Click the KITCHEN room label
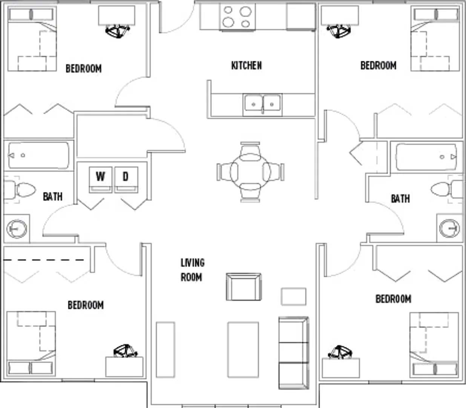point(247,65)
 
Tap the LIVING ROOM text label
point(192,270)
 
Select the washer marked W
point(100,179)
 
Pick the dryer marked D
point(126,179)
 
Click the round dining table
point(250,172)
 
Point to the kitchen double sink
point(262,105)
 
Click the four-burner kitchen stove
point(237,17)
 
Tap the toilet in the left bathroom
point(20,190)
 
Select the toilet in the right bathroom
point(447,189)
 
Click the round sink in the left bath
point(17,229)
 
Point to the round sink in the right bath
point(449,228)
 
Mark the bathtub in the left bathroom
point(39,155)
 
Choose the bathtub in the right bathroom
point(426,157)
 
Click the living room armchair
point(244,287)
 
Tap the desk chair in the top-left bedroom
point(118,31)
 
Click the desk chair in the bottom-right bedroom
point(340,352)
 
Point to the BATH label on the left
point(53,196)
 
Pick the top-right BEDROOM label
point(378,65)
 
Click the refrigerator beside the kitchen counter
point(301,16)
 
